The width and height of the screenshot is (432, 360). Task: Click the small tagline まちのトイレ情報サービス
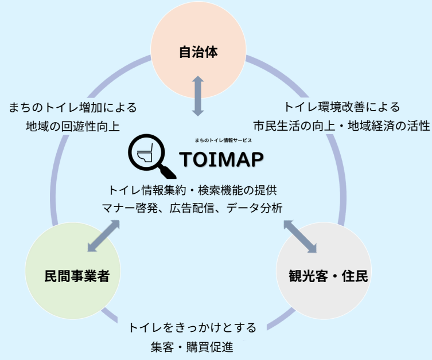[x=223, y=140]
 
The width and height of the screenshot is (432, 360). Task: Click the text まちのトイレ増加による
[x=73, y=107]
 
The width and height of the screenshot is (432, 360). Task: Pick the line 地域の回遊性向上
[x=73, y=126]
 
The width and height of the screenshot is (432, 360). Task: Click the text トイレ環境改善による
[x=342, y=107]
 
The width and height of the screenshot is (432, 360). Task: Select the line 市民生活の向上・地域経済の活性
[x=342, y=126]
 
